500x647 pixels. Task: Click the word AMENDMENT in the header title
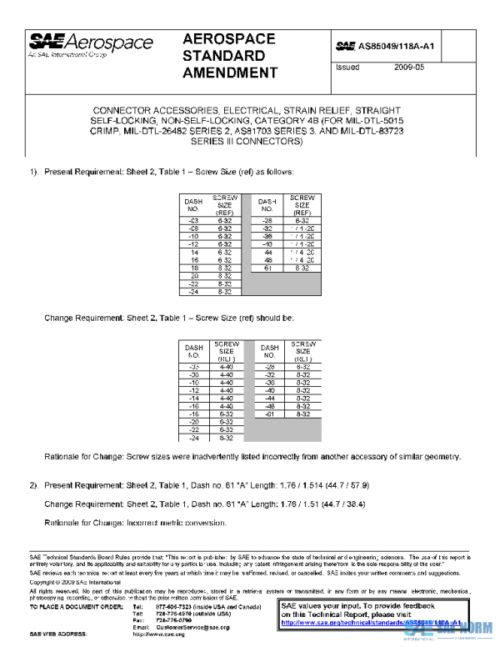click(x=229, y=73)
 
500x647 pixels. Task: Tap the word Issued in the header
click(x=347, y=67)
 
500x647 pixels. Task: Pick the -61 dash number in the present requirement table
click(x=267, y=268)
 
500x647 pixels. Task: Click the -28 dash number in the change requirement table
click(x=269, y=366)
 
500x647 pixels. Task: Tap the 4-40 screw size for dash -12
click(x=225, y=390)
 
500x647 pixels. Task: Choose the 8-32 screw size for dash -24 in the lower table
click(x=225, y=438)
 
